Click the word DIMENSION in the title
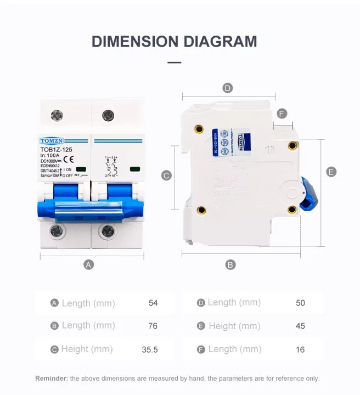pyautogui.click(x=135, y=42)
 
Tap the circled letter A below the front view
pyautogui.click(x=88, y=264)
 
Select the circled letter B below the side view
pyautogui.click(x=230, y=264)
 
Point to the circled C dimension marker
pyautogui.click(x=167, y=176)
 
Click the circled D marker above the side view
pyautogui.click(x=228, y=88)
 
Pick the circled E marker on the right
pyautogui.click(x=331, y=172)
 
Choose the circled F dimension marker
pyautogui.click(x=282, y=114)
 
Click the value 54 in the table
pyautogui.click(x=153, y=303)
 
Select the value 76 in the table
pyautogui.click(x=153, y=326)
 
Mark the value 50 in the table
pyautogui.click(x=300, y=303)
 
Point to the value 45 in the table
pyautogui.click(x=300, y=326)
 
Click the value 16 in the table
pyautogui.click(x=300, y=349)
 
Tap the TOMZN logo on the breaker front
pyautogui.click(x=52, y=140)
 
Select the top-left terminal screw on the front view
pyautogui.click(x=57, y=115)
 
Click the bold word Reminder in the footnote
pyautogui.click(x=52, y=378)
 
